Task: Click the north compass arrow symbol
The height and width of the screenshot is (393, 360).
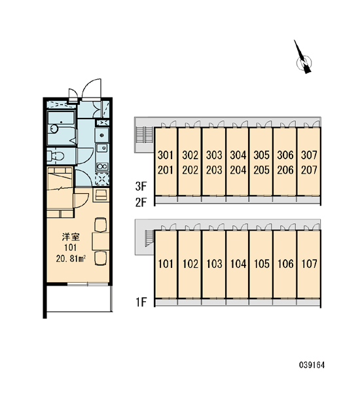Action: point(303,58)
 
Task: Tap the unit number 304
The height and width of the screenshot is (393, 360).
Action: point(238,155)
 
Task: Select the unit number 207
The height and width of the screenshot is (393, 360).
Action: point(309,170)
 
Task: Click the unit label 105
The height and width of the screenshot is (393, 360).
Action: point(262,264)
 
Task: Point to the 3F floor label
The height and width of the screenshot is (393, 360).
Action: point(141,186)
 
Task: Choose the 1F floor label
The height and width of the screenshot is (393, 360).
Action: point(141,302)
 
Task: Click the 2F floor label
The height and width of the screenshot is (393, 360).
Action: point(141,202)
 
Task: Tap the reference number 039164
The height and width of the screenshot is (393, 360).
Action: point(312,365)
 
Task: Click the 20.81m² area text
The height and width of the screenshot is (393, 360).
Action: point(71,259)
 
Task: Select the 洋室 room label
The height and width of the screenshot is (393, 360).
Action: point(71,236)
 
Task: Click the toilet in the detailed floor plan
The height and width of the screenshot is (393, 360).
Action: point(56,156)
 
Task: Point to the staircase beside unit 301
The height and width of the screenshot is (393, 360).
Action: point(144,135)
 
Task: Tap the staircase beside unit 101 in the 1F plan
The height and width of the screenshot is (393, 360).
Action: point(149,238)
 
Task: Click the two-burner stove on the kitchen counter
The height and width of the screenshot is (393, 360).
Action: point(102,166)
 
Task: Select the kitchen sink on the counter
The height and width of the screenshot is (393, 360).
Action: point(102,148)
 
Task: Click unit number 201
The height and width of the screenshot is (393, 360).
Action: point(166,170)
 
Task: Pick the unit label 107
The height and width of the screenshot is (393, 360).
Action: point(309,264)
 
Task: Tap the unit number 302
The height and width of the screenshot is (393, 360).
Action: point(190,155)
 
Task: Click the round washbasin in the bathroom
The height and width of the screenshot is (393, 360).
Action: point(54,129)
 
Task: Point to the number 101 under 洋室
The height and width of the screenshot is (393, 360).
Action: point(71,248)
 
